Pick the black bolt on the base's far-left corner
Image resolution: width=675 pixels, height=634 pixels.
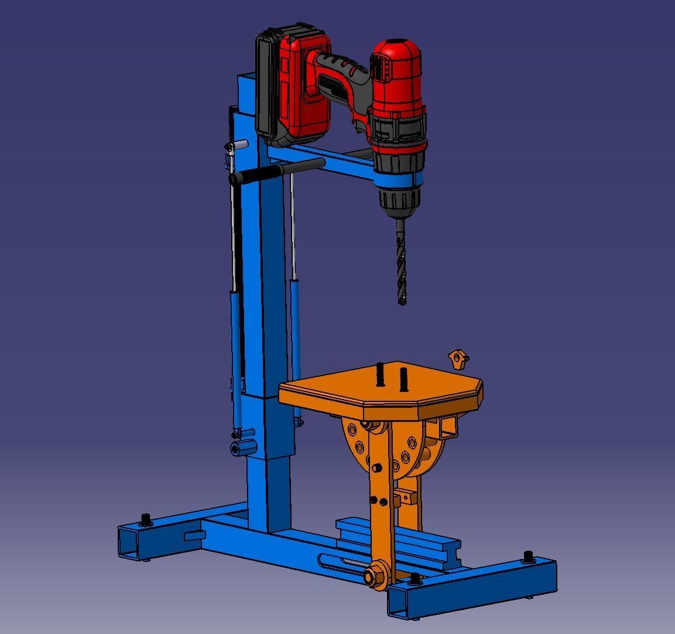[146, 519]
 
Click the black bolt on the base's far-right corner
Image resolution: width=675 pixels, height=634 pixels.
[528, 555]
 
